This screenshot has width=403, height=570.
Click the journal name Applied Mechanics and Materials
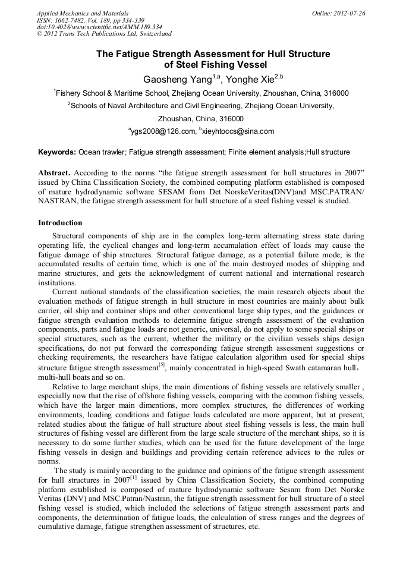pos(82,12)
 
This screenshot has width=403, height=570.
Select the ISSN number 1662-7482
pos(71,20)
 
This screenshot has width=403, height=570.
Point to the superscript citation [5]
pos(161,365)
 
